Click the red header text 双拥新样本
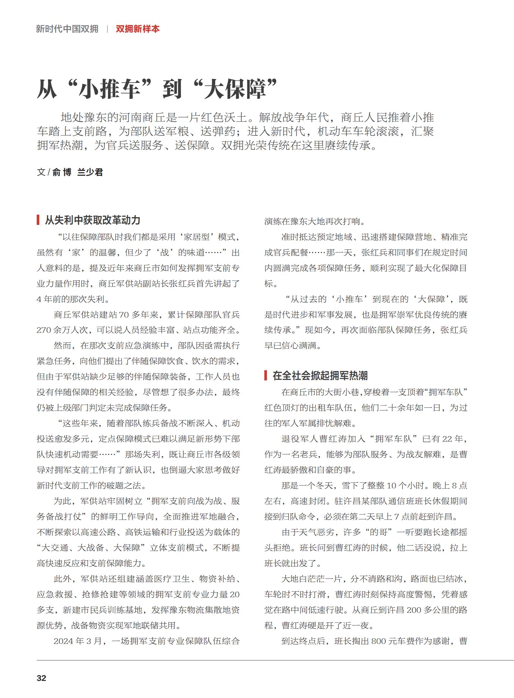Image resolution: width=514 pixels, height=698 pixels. [x=138, y=29]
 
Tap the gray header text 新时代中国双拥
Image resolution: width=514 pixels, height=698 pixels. [x=67, y=29]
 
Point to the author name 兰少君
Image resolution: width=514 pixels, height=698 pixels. [x=90, y=172]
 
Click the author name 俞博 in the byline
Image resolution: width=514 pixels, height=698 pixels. [x=62, y=172]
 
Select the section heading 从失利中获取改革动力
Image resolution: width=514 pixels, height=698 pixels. [x=93, y=220]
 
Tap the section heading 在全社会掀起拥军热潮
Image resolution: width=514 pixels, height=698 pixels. [x=320, y=376]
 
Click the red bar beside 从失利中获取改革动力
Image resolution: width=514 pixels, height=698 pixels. [x=38, y=220]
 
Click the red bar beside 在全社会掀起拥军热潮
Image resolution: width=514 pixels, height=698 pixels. [x=266, y=375]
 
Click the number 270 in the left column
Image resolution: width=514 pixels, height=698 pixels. [x=44, y=330]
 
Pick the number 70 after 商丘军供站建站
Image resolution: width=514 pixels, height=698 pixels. [x=124, y=315]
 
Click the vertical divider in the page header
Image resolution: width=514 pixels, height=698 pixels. [x=107, y=29]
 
